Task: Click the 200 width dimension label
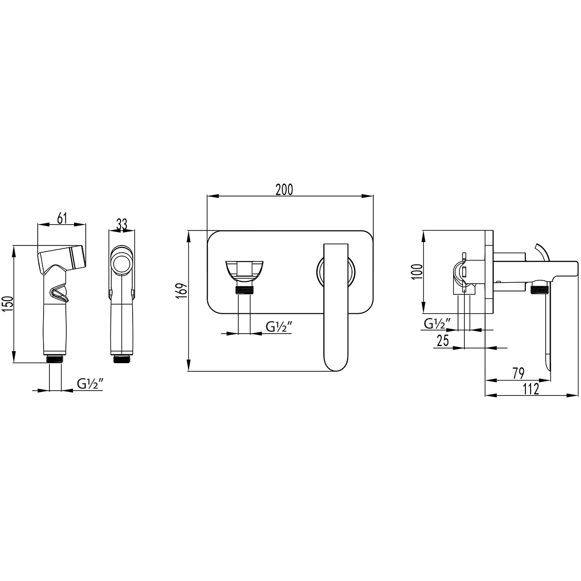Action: pyautogui.click(x=284, y=190)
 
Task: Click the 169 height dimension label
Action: pyautogui.click(x=183, y=290)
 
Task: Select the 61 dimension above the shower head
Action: pyautogui.click(x=61, y=218)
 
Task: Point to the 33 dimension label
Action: pyautogui.click(x=122, y=224)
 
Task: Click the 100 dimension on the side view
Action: pyautogui.click(x=417, y=271)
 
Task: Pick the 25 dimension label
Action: pyautogui.click(x=443, y=340)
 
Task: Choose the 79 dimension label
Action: pyautogui.click(x=518, y=373)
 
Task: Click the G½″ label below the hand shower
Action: pyautogui.click(x=91, y=384)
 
